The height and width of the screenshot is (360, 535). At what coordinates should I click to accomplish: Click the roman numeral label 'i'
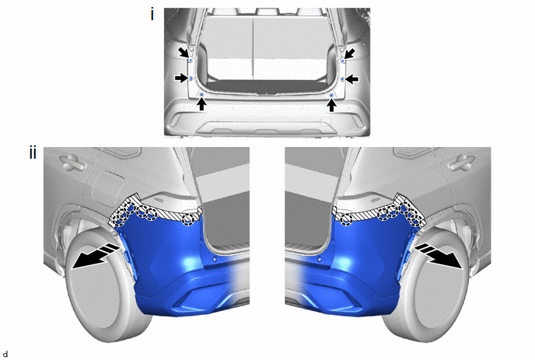coord(152,15)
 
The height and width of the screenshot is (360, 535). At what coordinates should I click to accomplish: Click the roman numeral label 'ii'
coord(33,153)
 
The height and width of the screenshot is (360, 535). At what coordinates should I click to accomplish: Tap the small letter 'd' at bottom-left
coord(5,355)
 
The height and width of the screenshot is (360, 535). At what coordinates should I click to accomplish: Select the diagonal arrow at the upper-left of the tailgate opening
coord(184,53)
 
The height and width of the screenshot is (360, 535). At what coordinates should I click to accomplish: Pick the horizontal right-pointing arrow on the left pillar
coord(181,79)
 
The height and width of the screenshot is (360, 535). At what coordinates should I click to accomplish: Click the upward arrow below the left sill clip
coord(201,104)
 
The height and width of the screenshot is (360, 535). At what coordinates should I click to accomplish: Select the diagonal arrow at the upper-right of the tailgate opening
coord(350,53)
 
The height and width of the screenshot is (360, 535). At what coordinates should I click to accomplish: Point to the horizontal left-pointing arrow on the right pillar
coord(351,79)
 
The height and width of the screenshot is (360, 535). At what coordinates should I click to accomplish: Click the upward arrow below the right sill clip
coord(331,105)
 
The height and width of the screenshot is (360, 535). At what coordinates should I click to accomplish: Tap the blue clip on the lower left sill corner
coord(201,94)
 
